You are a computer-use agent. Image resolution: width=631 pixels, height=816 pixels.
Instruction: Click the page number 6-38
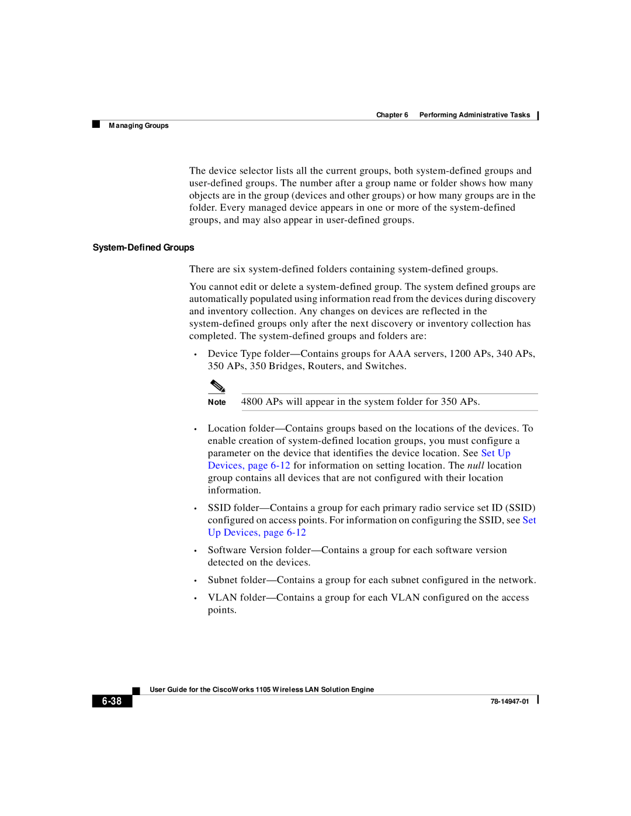pyautogui.click(x=112, y=701)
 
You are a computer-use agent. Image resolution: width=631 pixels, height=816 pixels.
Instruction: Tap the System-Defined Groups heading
pyautogui.click(x=143, y=248)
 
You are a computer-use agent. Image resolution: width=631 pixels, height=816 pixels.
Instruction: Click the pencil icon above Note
pyautogui.click(x=217, y=386)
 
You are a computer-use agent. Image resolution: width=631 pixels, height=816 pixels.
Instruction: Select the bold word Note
pyautogui.click(x=217, y=402)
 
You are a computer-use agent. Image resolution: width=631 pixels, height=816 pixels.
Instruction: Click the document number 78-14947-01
pyautogui.click(x=509, y=702)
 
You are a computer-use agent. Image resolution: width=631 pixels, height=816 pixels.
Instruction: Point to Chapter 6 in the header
pyautogui.click(x=392, y=115)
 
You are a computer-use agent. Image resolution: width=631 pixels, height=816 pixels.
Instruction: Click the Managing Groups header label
pyautogui.click(x=138, y=126)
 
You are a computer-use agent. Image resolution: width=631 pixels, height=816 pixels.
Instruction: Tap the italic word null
pyautogui.click(x=476, y=466)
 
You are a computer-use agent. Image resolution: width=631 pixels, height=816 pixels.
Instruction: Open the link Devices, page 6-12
pyautogui.click(x=249, y=466)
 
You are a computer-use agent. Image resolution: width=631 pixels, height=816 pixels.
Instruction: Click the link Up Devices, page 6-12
pyautogui.click(x=256, y=533)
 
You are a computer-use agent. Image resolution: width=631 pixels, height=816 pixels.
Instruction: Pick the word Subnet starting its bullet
pyautogui.click(x=223, y=580)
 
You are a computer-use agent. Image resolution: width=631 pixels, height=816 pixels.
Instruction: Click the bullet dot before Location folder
pyautogui.click(x=195, y=429)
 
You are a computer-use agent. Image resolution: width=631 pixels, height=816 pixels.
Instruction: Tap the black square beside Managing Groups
pyautogui.click(x=96, y=124)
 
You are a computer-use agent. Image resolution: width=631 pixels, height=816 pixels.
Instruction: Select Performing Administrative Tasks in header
pyautogui.click(x=474, y=115)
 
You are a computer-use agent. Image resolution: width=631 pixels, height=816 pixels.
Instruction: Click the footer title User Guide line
pyautogui.click(x=262, y=690)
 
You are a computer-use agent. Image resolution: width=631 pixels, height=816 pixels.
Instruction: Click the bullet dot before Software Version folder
pyautogui.click(x=195, y=551)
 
